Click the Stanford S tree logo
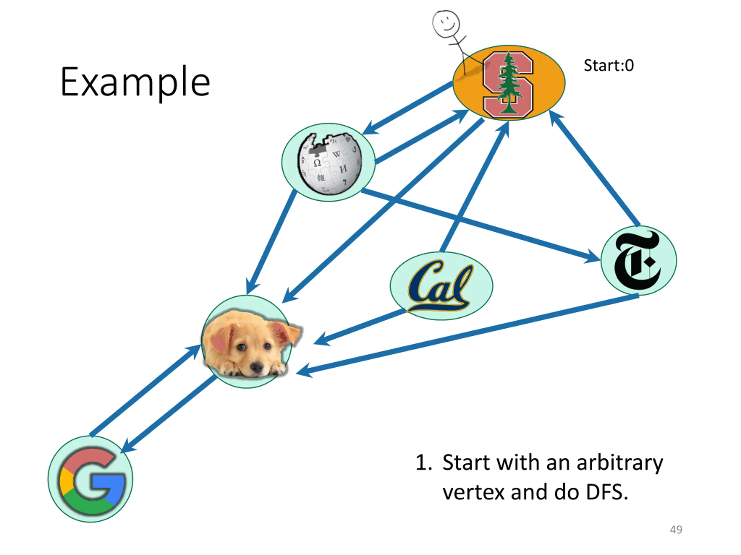[x=508, y=85]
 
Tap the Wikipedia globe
[x=330, y=164]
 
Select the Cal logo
[x=441, y=286]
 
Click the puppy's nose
[x=257, y=367]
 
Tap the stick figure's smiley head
[x=445, y=23]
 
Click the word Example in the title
[x=135, y=82]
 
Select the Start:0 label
[x=609, y=65]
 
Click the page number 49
[x=676, y=530]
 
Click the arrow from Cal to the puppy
[x=360, y=327]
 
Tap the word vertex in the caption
[x=474, y=493]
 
